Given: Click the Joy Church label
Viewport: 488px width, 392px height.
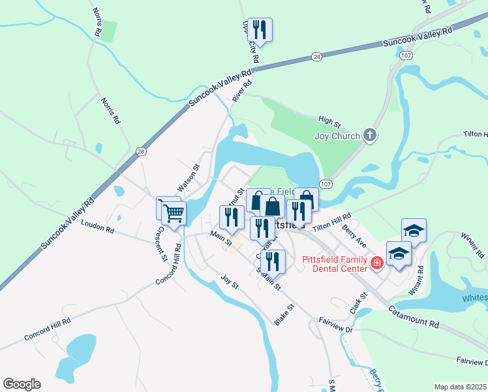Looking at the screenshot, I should [337, 137].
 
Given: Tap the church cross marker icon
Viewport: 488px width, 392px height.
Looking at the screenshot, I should [370, 136].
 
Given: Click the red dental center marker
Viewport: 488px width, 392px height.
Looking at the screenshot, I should [376, 263].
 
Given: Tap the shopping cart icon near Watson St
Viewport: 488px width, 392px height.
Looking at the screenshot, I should [174, 212].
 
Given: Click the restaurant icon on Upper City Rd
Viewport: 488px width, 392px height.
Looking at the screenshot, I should [260, 29].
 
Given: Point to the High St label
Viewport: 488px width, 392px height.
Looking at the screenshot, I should [329, 121].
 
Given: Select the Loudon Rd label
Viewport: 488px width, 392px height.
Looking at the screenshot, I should [98, 226].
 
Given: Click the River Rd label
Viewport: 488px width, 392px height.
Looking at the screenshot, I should [242, 91].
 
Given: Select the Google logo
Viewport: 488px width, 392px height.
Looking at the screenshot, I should [22, 384].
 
